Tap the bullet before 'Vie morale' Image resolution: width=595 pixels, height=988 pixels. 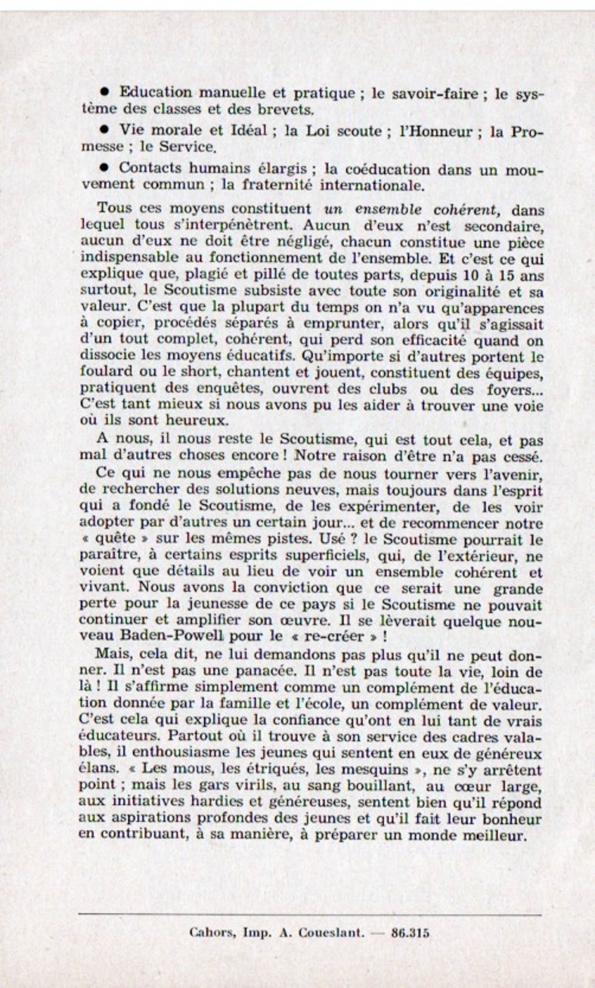coord(111,131)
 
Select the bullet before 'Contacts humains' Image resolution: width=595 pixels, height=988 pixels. coord(111,169)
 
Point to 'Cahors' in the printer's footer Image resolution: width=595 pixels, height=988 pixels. coord(206,933)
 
